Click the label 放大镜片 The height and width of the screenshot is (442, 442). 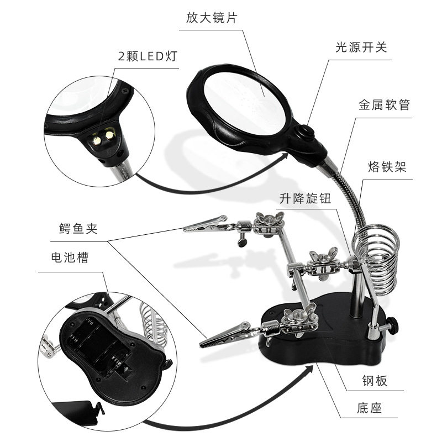[x=212, y=18]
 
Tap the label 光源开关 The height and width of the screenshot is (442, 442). [x=361, y=48]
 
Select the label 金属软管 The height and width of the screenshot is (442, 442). [x=384, y=105]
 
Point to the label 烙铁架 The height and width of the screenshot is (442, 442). [x=387, y=167]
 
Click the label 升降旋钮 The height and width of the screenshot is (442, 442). [x=306, y=198]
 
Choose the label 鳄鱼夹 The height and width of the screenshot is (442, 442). [x=78, y=228]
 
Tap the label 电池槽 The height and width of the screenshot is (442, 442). [x=70, y=257]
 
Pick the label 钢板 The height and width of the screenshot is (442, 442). [x=375, y=381]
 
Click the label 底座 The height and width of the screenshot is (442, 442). [x=369, y=408]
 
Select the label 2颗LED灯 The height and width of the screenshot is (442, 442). [x=148, y=56]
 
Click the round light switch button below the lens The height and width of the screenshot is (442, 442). [x=306, y=132]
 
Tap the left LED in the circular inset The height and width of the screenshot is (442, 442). [x=97, y=140]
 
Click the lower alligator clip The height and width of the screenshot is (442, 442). [x=225, y=335]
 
